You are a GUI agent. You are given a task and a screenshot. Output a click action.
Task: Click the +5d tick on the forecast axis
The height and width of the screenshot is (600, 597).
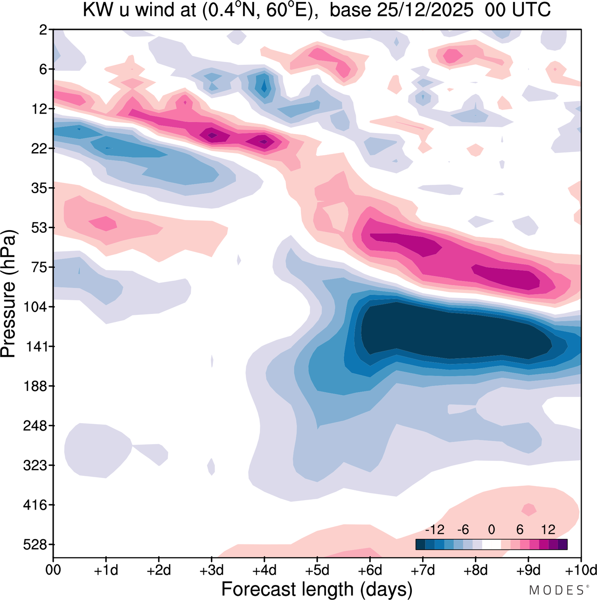tap(317, 570)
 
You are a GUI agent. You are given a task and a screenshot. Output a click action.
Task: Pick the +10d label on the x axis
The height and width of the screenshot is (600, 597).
tap(580, 570)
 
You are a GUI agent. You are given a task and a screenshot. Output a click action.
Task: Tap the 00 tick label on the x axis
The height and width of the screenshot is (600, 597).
tap(53, 570)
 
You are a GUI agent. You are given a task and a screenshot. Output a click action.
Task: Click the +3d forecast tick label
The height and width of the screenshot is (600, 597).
tap(211, 570)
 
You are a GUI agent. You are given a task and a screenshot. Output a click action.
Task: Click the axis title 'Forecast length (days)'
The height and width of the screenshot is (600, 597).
tap(317, 589)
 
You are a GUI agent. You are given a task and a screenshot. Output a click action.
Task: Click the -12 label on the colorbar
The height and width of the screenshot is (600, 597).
tap(435, 530)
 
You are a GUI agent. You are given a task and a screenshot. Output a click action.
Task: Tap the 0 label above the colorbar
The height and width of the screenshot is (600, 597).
tap(491, 530)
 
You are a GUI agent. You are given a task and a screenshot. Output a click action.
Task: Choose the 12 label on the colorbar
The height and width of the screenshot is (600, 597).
tap(548, 530)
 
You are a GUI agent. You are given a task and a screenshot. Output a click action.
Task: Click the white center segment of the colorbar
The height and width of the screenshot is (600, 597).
tap(491, 544)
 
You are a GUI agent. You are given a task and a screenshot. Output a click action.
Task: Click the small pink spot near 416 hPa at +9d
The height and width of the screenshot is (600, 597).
tap(528, 509)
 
